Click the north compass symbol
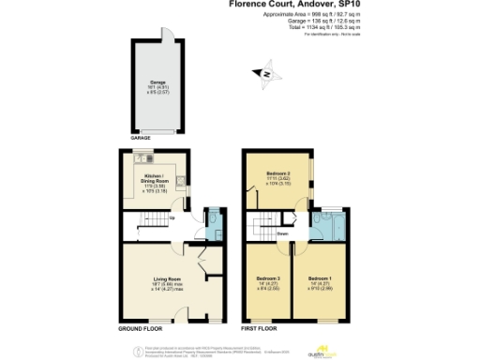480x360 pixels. tap(266, 73)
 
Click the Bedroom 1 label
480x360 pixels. tap(321, 281)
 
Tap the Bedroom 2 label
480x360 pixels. tap(273, 177)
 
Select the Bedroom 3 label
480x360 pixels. tap(268, 281)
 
